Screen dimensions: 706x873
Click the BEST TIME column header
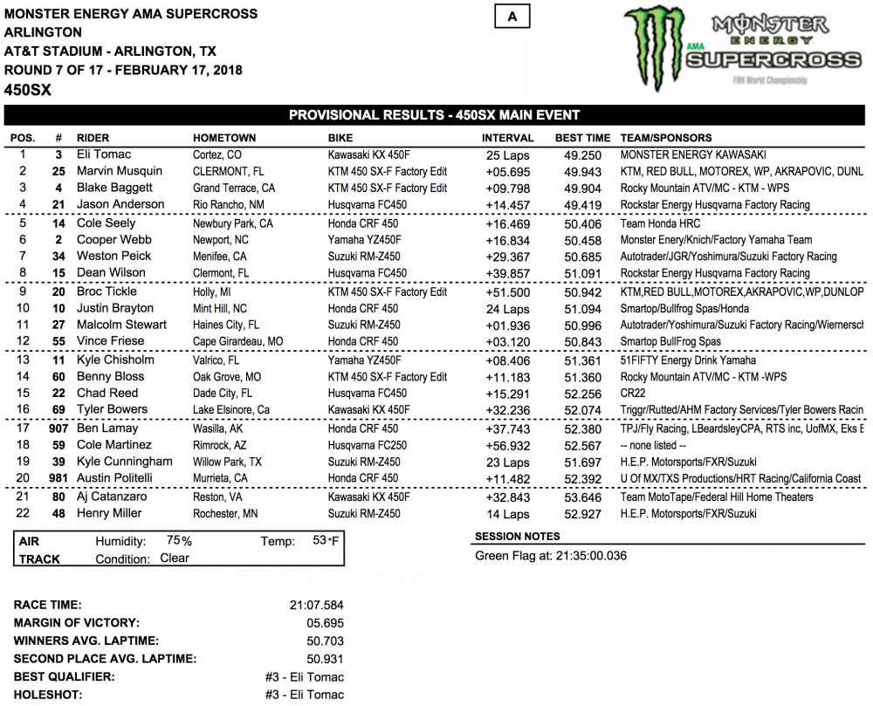[x=582, y=138]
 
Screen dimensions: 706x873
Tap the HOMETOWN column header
[x=224, y=138]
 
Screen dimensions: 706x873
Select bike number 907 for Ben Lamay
[x=58, y=428]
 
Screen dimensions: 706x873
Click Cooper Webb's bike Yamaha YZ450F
[x=365, y=240]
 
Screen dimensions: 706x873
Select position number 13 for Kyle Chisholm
[x=22, y=360]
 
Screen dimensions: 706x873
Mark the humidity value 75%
[x=179, y=541]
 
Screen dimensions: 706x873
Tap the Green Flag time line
[x=550, y=556]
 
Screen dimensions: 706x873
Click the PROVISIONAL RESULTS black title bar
[x=434, y=115]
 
